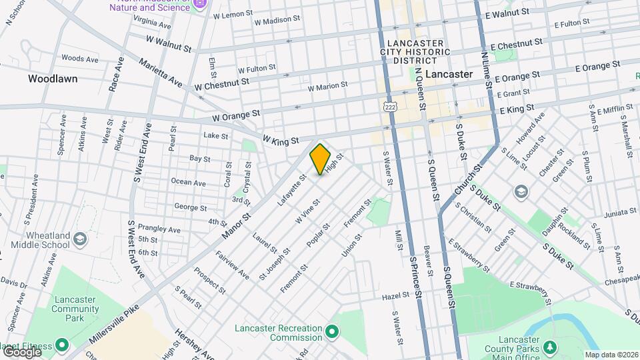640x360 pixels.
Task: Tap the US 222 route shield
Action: click(390, 106)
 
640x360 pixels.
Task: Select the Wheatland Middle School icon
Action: click(79, 238)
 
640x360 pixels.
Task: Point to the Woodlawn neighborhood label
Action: click(53, 79)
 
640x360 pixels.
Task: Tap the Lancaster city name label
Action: click(449, 74)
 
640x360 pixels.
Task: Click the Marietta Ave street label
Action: click(161, 73)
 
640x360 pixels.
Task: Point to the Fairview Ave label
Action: click(232, 265)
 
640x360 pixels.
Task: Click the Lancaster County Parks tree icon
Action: click(549, 347)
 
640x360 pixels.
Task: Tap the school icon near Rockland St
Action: click(521, 192)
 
